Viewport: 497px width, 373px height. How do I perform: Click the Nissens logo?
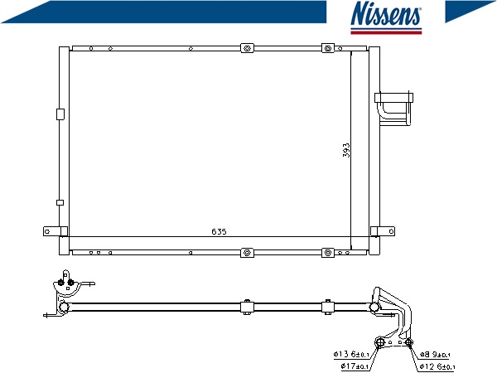click(x=386, y=17)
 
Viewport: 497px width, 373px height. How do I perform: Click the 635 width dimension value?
click(x=219, y=232)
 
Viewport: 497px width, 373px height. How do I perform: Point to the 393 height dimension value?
click(x=346, y=150)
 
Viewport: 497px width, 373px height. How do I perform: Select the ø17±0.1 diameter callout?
click(x=355, y=366)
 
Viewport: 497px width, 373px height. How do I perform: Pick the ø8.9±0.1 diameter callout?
click(x=435, y=355)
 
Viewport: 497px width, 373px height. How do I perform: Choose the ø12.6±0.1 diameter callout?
click(x=437, y=366)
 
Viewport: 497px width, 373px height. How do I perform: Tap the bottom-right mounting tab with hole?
click(x=383, y=231)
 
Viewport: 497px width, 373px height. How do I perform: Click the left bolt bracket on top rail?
click(x=247, y=48)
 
